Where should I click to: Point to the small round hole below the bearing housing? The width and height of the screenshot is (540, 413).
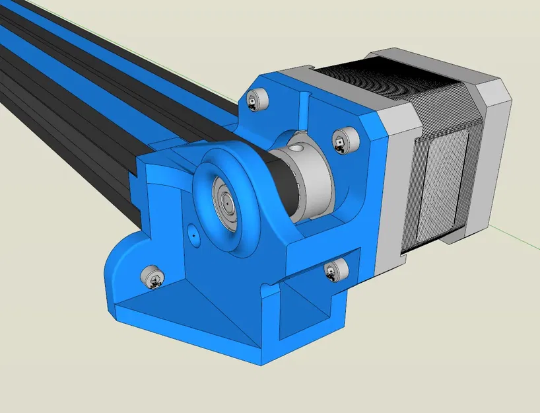(x=192, y=233)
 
